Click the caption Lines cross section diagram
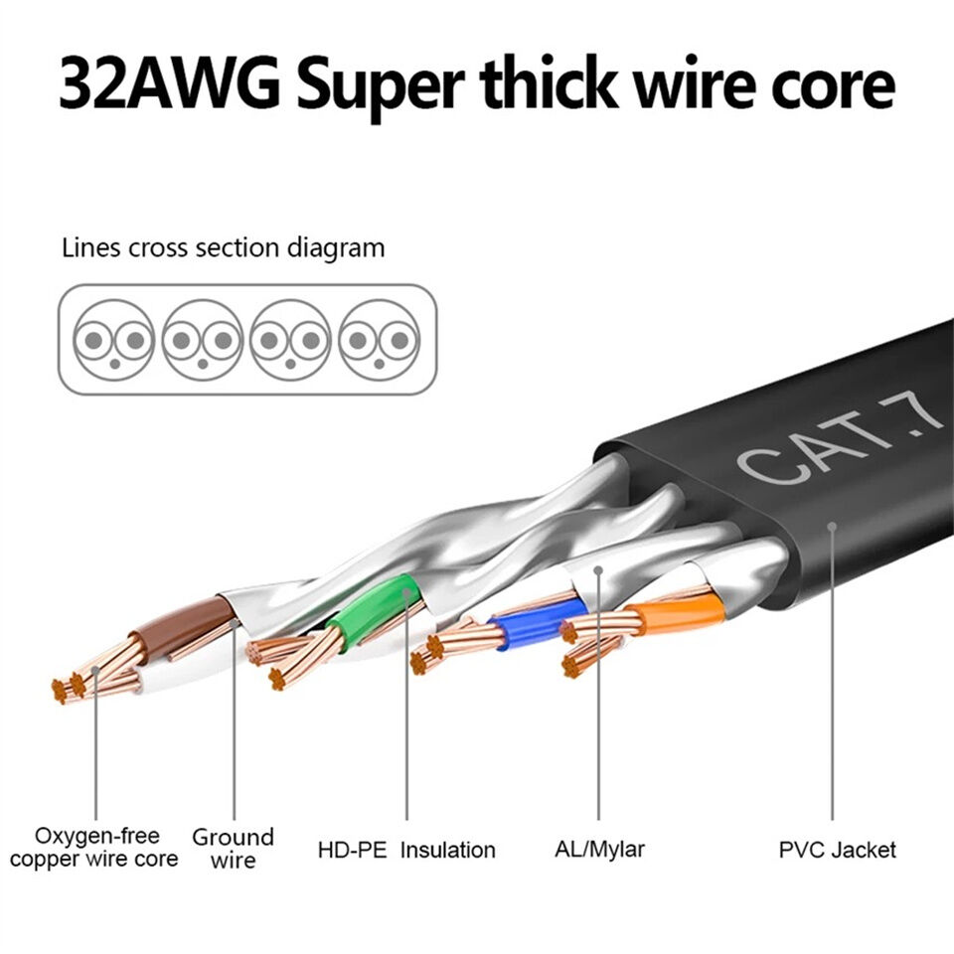223,247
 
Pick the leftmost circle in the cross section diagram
114,340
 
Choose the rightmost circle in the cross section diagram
379,340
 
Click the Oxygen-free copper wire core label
95,847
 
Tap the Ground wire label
233,848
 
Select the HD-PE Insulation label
405,850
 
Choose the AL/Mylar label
599,849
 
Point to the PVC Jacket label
837,850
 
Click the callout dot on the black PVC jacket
832,526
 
